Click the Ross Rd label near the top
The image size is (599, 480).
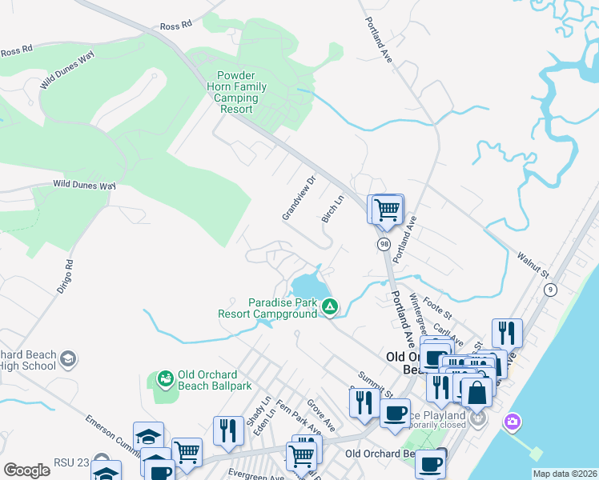click(x=176, y=25)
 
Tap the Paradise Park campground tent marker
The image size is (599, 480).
click(x=329, y=306)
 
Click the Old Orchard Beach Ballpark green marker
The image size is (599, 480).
click(x=166, y=378)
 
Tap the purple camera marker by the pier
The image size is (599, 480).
click(x=513, y=422)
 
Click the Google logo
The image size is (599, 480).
click(x=26, y=470)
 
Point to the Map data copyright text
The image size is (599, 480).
click(x=565, y=474)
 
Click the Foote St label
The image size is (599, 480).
click(x=438, y=306)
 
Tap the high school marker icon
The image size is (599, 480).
click(x=68, y=358)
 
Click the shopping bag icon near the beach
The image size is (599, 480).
click(x=476, y=393)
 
